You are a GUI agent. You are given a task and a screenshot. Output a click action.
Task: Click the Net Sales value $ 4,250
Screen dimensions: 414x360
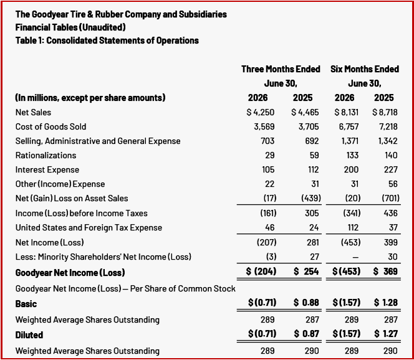[x=261, y=112]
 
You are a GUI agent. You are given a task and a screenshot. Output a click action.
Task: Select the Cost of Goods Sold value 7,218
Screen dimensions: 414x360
[x=388, y=127]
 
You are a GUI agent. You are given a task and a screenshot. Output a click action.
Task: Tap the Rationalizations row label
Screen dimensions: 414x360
[x=46, y=155]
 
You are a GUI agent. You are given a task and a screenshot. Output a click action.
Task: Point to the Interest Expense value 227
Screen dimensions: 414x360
[x=391, y=169]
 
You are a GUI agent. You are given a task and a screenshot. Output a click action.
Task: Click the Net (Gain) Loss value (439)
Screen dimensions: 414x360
[x=311, y=198]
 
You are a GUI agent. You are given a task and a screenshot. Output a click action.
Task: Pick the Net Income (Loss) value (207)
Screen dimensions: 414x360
[x=267, y=242]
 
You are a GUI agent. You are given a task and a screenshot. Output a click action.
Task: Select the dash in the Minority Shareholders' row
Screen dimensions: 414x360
[x=355, y=257]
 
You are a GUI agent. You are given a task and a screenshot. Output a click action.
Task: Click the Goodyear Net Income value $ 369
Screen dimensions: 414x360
[x=385, y=272]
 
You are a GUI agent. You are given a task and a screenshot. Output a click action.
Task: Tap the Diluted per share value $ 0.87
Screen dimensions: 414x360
[x=306, y=334]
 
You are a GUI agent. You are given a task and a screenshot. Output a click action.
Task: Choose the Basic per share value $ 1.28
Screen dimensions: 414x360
[x=386, y=303]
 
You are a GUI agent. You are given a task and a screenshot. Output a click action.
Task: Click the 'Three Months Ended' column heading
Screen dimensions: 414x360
[x=281, y=69]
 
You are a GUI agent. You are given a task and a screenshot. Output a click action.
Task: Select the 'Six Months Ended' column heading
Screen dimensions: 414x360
[x=365, y=69]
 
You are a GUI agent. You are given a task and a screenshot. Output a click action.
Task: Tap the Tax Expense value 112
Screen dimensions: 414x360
[x=353, y=227]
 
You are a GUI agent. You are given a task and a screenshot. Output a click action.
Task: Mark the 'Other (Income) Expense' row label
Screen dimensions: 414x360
[x=60, y=184]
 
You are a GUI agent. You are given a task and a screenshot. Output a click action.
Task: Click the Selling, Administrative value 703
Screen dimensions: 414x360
[x=267, y=141]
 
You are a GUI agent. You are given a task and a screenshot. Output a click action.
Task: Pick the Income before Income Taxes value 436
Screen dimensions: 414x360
[x=390, y=213]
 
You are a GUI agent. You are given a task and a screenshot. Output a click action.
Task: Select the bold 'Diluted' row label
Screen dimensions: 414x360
[x=29, y=335]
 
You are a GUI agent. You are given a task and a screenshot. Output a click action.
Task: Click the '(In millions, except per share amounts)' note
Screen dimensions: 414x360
[x=90, y=98]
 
